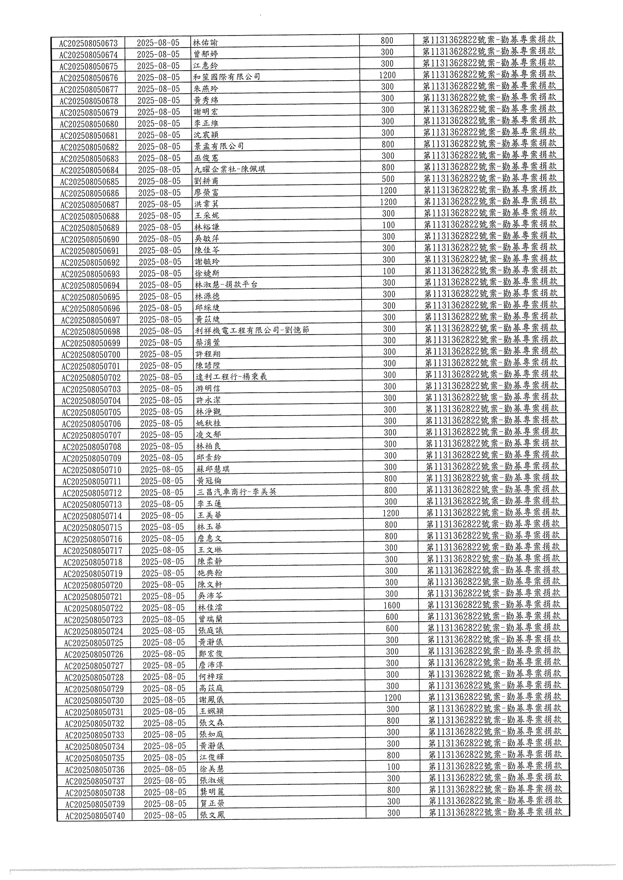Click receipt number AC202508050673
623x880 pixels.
(x=88, y=43)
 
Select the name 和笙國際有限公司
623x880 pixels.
(x=227, y=77)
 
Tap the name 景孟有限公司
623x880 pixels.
(x=219, y=146)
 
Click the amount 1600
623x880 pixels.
(x=392, y=605)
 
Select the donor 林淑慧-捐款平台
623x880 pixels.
(x=226, y=284)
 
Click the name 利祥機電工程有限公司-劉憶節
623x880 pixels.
(x=252, y=330)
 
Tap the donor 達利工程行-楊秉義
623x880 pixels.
(x=231, y=377)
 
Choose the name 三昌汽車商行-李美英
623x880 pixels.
(x=237, y=492)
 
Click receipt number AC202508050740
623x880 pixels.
(x=95, y=816)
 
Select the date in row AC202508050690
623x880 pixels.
(x=160, y=239)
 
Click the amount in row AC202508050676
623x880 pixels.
(x=387, y=75)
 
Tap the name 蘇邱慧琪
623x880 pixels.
(x=214, y=469)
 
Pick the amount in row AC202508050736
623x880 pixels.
(x=393, y=767)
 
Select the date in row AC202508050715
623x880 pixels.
(x=162, y=527)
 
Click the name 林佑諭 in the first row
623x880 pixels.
(x=206, y=43)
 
